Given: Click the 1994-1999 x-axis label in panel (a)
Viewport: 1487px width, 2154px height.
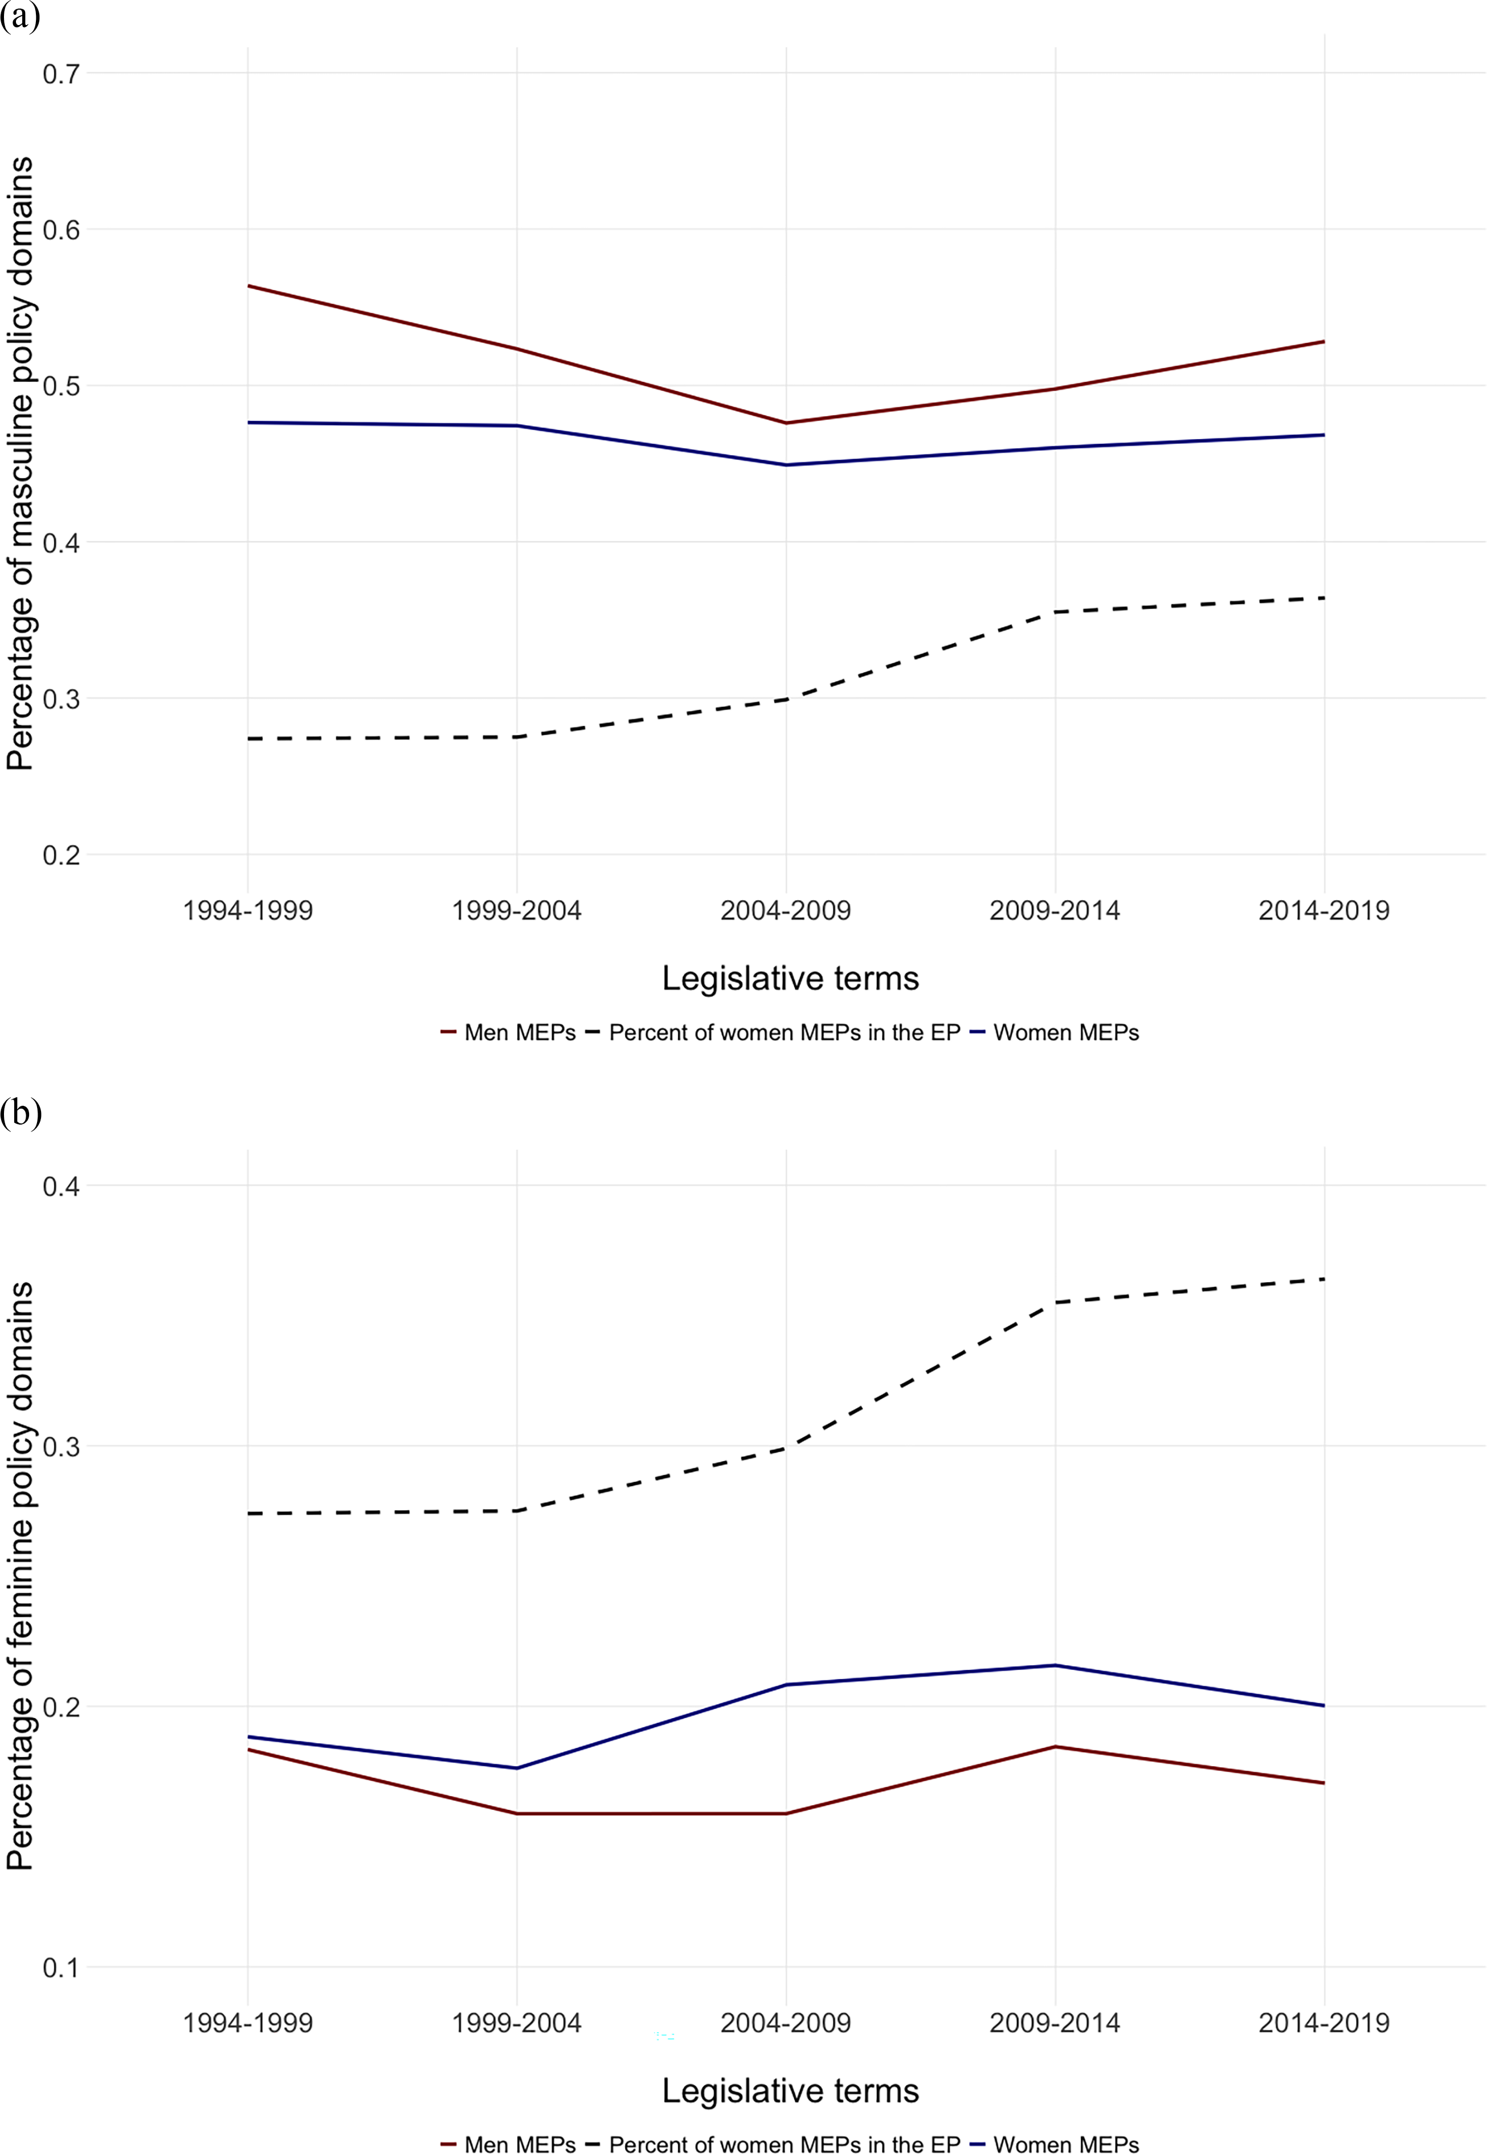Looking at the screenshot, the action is tap(248, 910).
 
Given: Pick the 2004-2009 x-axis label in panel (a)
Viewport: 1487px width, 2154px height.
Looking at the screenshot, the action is tap(786, 910).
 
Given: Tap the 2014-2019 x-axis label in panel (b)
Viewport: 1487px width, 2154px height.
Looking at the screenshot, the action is tap(1324, 2022).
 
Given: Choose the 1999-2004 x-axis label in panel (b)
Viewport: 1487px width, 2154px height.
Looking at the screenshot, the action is tap(516, 2022).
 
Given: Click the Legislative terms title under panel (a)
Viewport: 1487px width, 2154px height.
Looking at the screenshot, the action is tap(790, 978).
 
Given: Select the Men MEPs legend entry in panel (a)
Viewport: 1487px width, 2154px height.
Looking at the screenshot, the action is tap(508, 1032).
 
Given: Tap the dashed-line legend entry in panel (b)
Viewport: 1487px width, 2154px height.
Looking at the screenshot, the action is tap(773, 2144).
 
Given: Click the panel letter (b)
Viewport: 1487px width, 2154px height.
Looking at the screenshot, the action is tap(21, 1113).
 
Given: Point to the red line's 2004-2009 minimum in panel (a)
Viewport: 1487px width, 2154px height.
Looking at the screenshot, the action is tap(786, 423).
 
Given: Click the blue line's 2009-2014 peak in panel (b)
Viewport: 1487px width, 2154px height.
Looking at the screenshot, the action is tap(1055, 1665).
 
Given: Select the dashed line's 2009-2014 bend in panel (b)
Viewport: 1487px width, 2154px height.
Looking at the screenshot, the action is tap(1055, 1302).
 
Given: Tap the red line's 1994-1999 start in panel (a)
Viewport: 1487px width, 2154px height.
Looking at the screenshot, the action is tap(248, 286).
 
